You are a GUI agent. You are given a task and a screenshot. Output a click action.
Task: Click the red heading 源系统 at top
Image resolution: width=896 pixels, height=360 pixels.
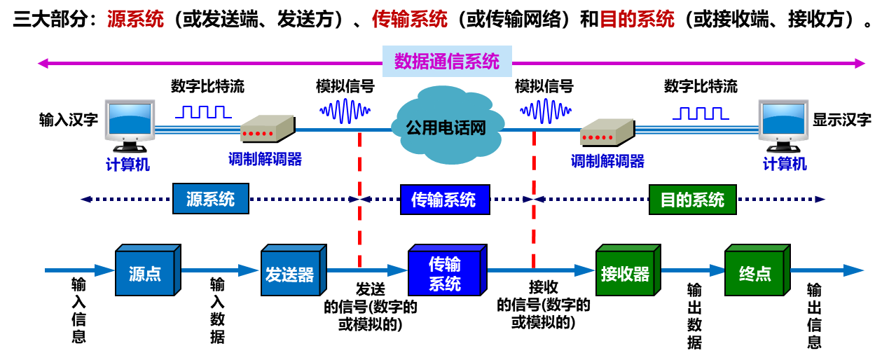coord(135,19)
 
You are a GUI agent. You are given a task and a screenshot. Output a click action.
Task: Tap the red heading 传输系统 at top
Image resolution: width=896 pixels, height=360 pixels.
coord(409,19)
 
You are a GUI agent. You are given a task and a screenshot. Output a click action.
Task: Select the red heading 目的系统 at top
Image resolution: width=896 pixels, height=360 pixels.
coord(636,19)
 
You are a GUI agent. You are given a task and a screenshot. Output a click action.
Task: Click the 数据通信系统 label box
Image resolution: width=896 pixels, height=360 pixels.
coord(447,62)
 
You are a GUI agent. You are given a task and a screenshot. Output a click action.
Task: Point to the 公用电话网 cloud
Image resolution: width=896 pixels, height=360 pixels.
coord(446,127)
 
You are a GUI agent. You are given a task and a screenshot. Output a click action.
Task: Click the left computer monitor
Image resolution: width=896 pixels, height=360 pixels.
coord(130,122)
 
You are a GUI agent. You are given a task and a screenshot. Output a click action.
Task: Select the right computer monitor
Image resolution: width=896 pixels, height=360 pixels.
coord(783,122)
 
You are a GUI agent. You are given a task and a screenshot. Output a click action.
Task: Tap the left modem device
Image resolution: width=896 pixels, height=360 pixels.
coord(266,129)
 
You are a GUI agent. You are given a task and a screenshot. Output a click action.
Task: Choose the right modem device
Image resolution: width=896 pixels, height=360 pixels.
coord(606,131)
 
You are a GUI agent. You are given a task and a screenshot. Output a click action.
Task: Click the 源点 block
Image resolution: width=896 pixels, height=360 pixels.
coord(146,273)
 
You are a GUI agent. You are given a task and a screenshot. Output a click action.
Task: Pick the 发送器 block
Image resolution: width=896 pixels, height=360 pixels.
coord(291,273)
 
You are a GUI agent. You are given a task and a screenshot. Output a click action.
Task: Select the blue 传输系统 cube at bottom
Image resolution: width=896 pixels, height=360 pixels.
coord(445,273)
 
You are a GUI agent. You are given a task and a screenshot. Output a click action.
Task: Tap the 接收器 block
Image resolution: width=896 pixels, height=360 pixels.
coord(626,273)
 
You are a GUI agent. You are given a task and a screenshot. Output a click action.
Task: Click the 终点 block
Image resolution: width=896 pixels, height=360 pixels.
coord(755,273)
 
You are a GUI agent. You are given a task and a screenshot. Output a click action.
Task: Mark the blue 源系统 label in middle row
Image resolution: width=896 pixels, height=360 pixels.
coord(210,199)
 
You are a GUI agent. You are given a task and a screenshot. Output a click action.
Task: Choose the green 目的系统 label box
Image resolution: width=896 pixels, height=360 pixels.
coord(692,200)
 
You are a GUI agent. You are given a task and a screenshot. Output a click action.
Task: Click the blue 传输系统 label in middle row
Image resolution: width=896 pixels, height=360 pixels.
coord(444,200)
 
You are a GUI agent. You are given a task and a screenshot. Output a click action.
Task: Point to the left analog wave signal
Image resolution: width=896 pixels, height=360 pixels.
coord(345,111)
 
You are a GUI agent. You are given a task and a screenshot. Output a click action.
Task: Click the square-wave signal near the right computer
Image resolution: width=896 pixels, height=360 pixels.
coord(701,113)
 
